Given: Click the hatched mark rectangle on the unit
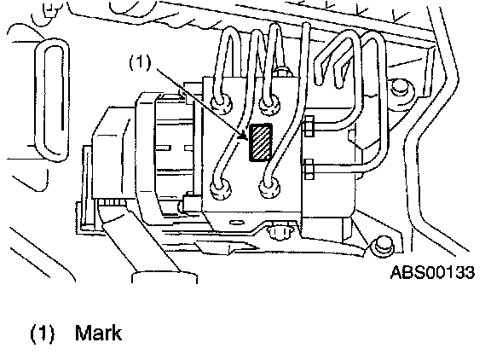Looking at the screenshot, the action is pos(261,142).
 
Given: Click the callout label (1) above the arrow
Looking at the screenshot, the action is pos(140,62).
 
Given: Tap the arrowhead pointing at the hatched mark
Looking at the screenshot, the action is pos(242,136).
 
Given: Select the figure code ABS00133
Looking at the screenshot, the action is pos(433,272).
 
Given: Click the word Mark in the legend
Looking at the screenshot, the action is pos(98,333).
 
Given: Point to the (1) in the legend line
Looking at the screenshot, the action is pos(43,333).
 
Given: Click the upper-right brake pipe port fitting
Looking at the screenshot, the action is pos(269,105).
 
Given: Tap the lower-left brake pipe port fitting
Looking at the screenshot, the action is pos(221,189).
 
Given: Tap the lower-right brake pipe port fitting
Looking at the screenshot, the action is pos(269,187).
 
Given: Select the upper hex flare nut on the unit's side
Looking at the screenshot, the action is pos(309,126).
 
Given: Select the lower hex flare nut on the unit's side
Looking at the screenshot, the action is pos(309,169).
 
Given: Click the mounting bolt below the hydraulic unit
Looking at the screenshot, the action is pos(279,231).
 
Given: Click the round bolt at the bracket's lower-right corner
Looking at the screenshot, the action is pos(383,246).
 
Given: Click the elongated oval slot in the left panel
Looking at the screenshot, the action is pos(52,100).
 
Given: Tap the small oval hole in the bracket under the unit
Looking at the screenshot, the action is pos(237,223).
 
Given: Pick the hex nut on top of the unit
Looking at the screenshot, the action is pos(283,72).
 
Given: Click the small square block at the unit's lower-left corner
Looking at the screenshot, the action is pos(191,202).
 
